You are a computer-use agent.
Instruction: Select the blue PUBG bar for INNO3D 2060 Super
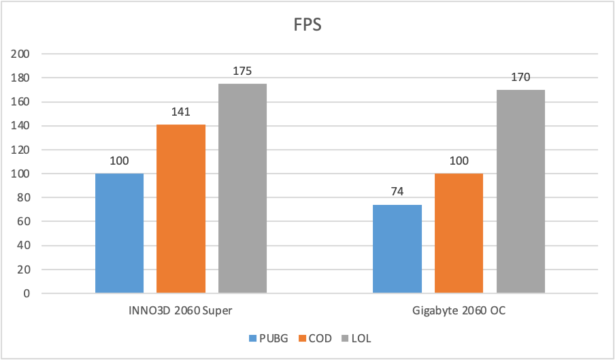119,233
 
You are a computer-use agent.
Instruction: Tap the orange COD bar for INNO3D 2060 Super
181,209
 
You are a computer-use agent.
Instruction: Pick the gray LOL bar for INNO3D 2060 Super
242,189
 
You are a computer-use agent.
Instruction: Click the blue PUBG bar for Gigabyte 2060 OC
397,249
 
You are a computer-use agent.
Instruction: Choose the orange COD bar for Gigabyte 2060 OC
459,233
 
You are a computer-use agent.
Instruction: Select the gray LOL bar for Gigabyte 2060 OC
520,191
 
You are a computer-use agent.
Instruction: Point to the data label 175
242,70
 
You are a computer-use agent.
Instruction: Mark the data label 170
520,76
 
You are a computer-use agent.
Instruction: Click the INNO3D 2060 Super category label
181,311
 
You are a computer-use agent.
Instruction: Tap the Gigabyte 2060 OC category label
459,311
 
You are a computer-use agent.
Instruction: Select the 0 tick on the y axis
27,294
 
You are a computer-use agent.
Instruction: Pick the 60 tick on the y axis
24,222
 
